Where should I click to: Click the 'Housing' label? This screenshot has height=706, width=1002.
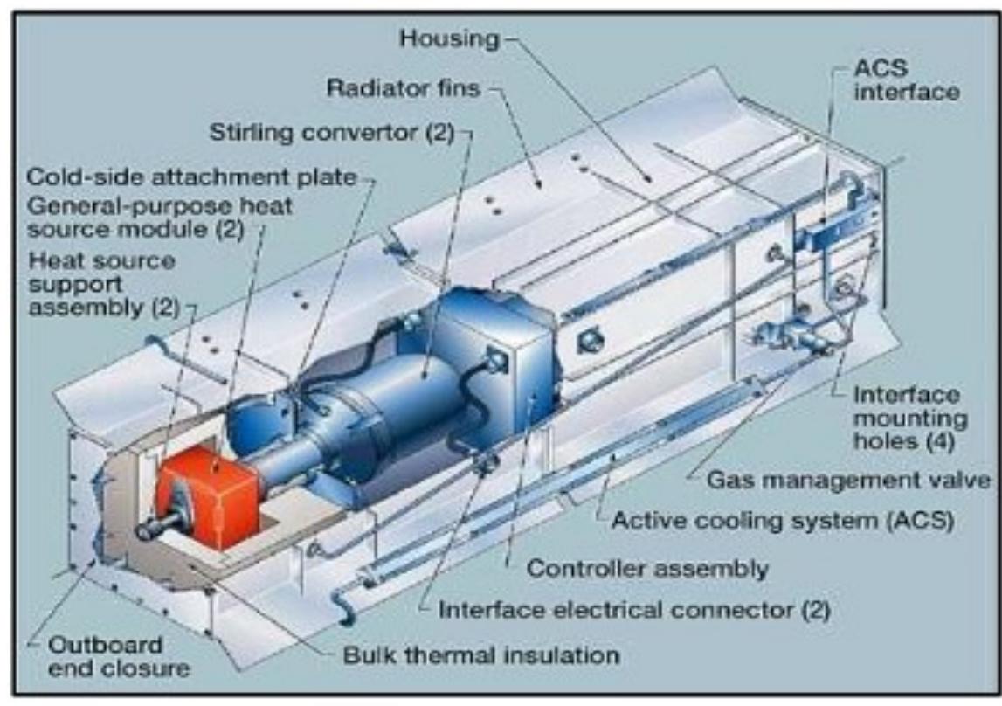click(x=448, y=39)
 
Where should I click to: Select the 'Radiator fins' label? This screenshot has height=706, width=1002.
click(x=403, y=88)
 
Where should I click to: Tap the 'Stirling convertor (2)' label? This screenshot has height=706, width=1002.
click(x=330, y=134)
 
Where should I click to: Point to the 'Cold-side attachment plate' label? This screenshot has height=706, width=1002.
click(x=191, y=176)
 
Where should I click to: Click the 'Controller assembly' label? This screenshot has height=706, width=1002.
click(x=647, y=569)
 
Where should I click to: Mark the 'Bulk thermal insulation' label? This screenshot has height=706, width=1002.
click(x=481, y=654)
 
